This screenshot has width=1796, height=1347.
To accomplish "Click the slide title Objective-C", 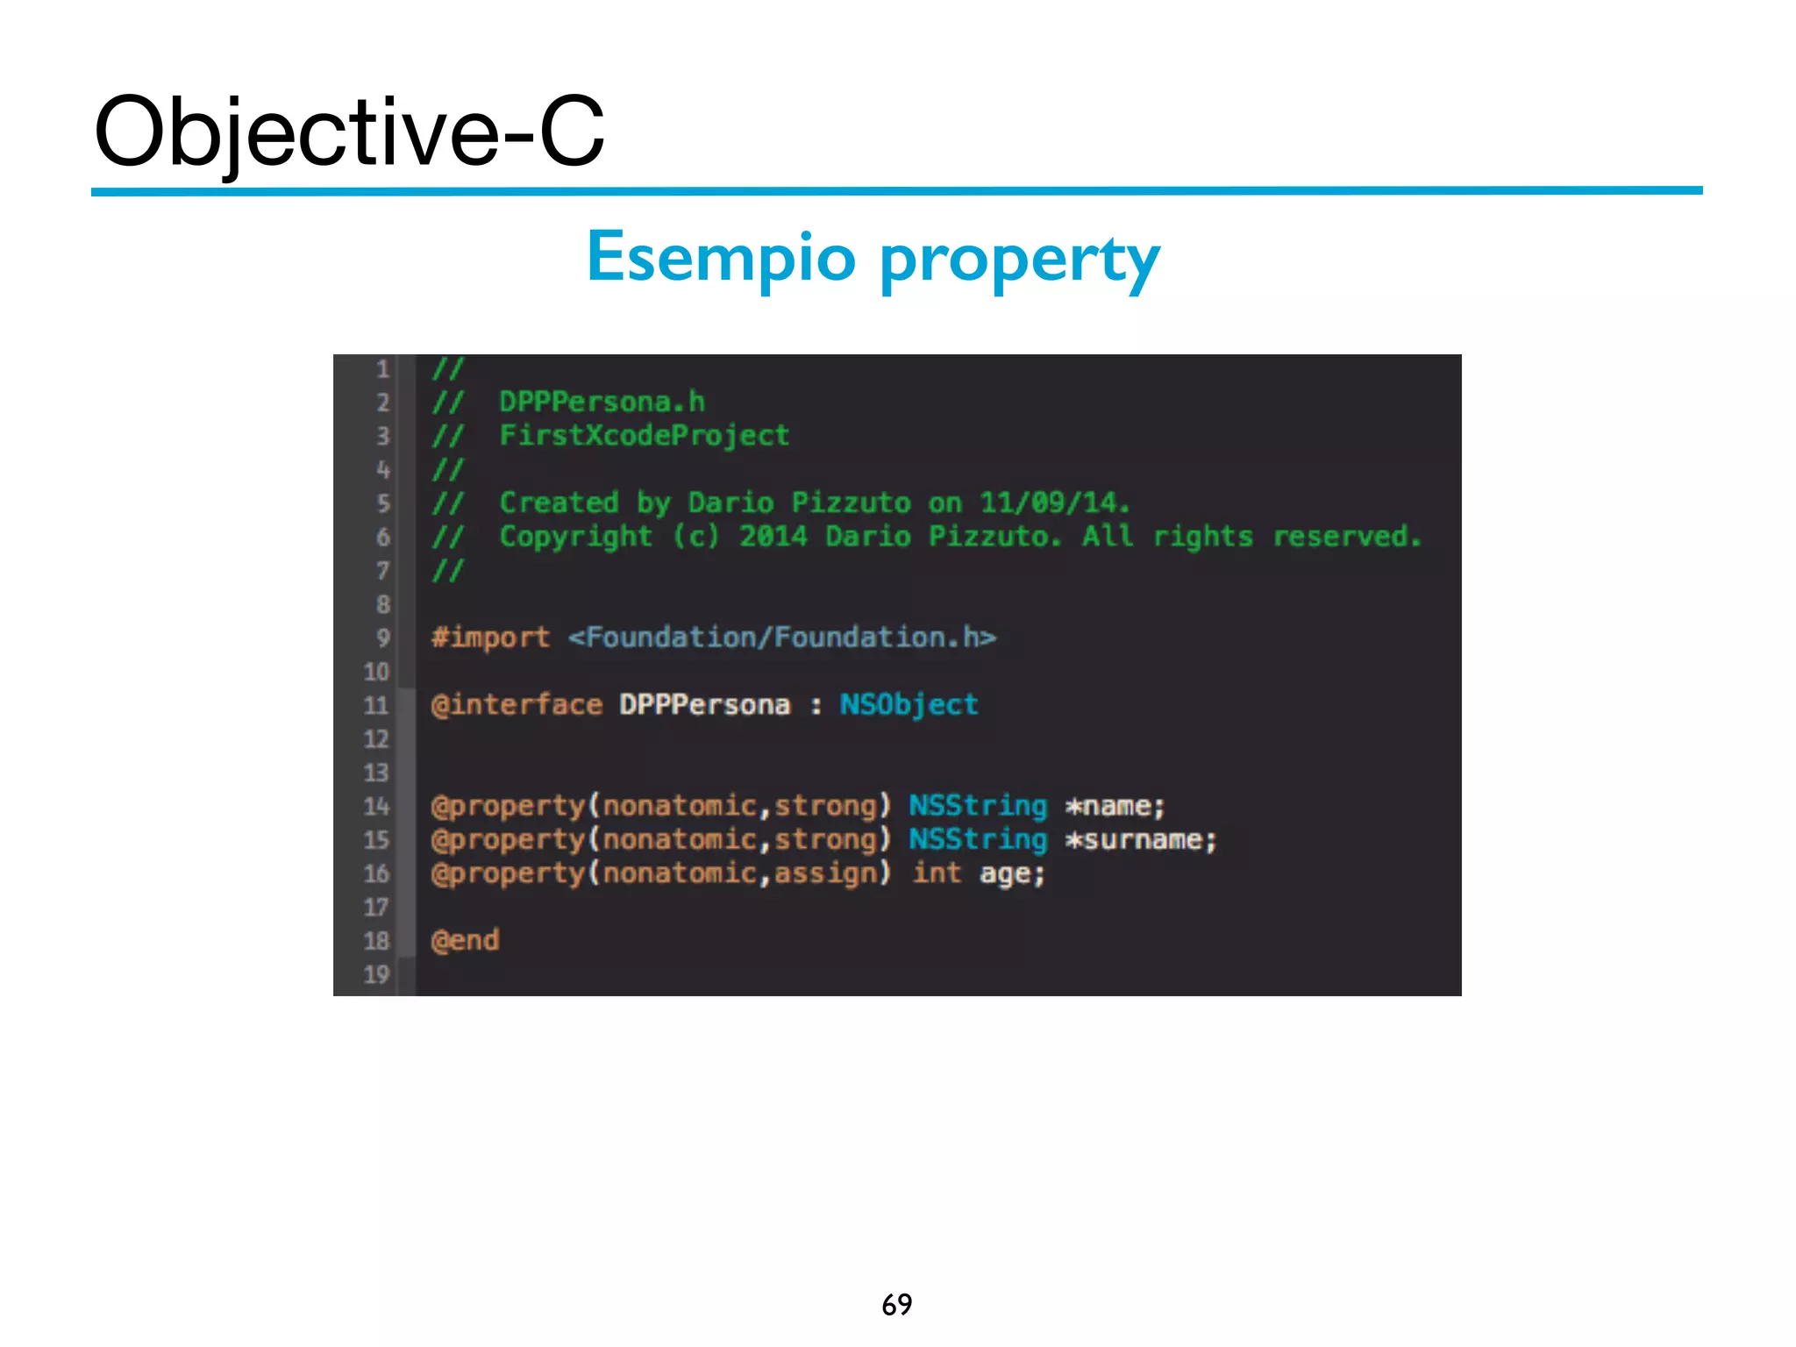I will click(x=349, y=132).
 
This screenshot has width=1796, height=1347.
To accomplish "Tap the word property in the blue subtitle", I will click(x=1019, y=260).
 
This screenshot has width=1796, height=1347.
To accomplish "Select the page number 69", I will click(x=896, y=1304).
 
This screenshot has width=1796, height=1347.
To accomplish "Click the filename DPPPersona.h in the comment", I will click(x=602, y=402).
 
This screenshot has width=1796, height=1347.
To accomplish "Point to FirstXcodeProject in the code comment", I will click(x=644, y=435).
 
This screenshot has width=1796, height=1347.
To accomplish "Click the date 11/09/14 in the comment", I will click(x=1051, y=502).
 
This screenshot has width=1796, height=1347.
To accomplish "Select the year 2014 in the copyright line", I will click(x=773, y=536).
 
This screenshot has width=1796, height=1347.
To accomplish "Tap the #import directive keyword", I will click(x=490, y=637).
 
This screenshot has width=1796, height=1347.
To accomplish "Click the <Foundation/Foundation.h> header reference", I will click(x=781, y=637).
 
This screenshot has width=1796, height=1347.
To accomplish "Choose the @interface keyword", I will click(x=517, y=704).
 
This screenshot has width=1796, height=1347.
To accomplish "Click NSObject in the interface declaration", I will click(x=909, y=704).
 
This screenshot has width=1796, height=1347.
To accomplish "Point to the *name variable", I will click(x=1114, y=806).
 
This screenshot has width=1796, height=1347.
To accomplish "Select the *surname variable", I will click(x=1139, y=840).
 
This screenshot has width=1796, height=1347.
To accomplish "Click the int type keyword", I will click(x=937, y=873).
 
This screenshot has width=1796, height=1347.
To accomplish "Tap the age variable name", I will click(x=1009, y=874).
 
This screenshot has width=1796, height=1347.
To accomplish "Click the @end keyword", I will click(x=465, y=940).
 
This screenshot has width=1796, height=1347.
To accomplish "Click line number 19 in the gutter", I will click(x=376, y=974).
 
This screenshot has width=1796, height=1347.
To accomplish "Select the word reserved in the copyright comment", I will click(x=1345, y=536).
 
